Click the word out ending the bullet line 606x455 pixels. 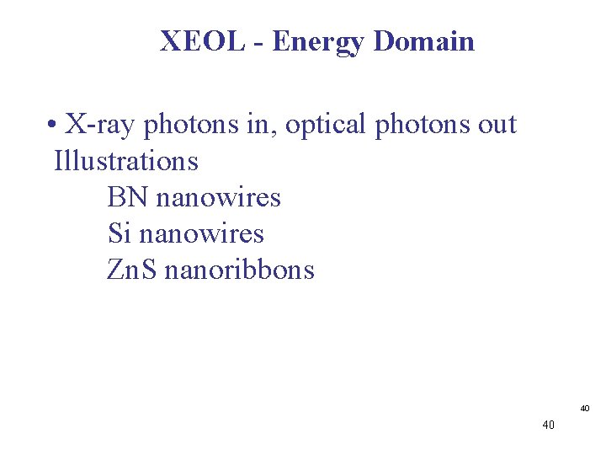(497, 126)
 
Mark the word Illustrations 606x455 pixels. (126, 160)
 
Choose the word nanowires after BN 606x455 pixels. (218, 197)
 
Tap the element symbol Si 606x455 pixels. (120, 233)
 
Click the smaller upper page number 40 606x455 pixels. (585, 409)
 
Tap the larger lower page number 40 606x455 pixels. (549, 426)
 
